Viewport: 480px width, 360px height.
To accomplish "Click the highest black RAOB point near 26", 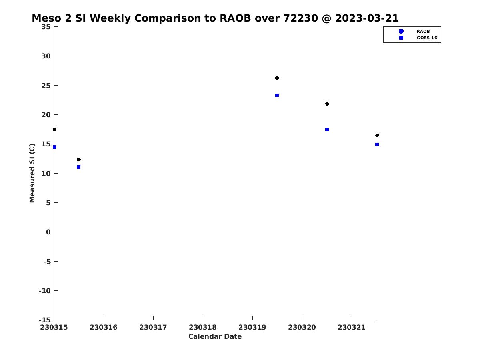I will coord(277,78).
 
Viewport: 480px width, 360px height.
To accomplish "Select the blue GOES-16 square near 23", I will coord(277,95).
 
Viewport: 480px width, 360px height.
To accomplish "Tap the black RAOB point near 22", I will coord(327,104).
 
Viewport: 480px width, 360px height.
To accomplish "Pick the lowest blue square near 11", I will coord(78,167).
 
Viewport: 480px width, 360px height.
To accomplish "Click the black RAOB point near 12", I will coord(78,160).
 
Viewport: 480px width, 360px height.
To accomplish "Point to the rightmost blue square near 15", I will coord(377,144).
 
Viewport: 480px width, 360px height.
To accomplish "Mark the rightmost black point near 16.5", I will coord(377,136).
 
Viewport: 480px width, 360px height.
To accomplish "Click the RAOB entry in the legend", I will coord(423,31).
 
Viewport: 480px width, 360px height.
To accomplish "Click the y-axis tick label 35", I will coord(46,27).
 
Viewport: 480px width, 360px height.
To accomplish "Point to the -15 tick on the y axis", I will coord(45,320).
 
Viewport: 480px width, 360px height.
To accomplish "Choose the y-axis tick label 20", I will coord(46,115).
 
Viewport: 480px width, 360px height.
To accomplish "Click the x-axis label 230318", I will coord(203,327).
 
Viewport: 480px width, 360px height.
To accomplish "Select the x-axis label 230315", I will coord(54,327).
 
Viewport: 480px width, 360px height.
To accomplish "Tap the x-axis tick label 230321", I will coord(352,327).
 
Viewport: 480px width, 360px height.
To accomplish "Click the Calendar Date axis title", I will coord(215,337).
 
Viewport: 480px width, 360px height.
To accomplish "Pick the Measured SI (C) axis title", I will coord(32,173).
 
